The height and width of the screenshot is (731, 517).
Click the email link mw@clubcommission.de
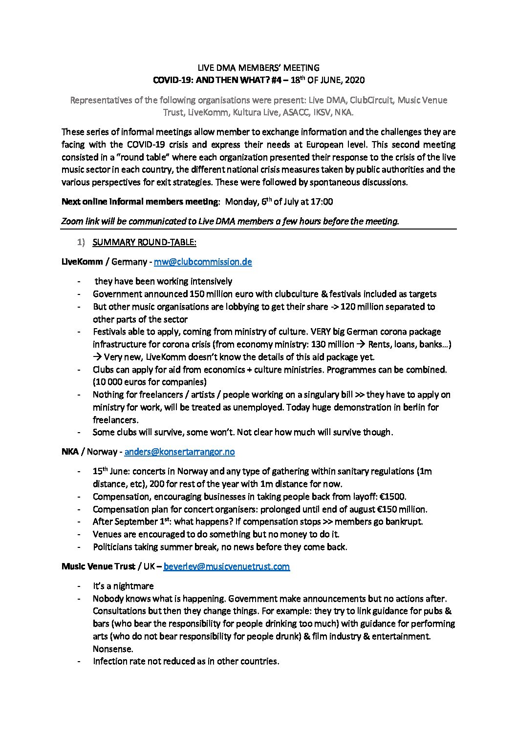coord(203,262)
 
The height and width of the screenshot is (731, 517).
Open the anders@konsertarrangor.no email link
coord(179,452)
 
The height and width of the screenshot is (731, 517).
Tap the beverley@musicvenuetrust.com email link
coord(226,566)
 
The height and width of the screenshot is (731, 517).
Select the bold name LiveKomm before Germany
coord(82,262)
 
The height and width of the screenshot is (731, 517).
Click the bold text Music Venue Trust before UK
coord(98,566)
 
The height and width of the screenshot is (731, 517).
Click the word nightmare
coord(133,585)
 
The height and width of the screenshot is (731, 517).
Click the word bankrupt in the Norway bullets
coord(405,522)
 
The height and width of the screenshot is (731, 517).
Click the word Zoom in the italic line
coord(72,221)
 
